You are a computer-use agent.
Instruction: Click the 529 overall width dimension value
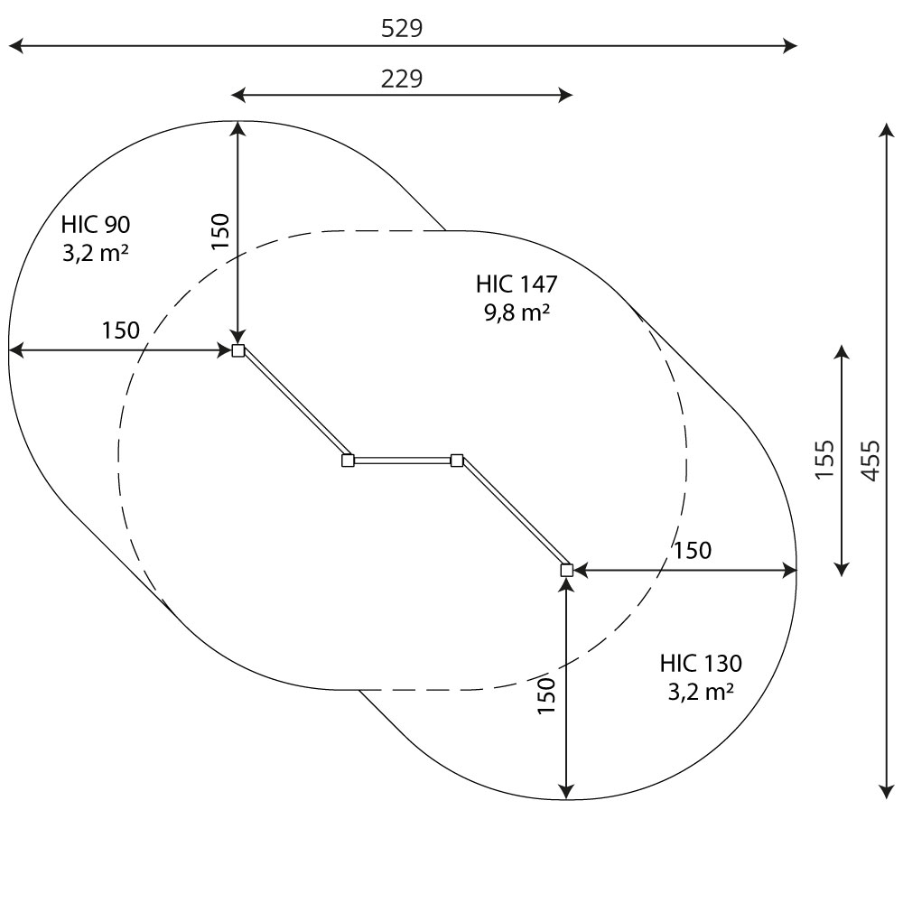(402, 28)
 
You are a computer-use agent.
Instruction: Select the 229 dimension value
(402, 79)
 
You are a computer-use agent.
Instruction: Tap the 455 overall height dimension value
(870, 461)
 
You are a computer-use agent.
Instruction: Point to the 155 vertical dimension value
(824, 459)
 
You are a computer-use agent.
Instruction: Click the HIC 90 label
(96, 224)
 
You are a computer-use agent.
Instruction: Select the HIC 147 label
(517, 284)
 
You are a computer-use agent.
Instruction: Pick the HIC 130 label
(701, 663)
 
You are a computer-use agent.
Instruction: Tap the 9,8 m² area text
(517, 312)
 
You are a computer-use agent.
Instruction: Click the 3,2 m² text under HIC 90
(95, 252)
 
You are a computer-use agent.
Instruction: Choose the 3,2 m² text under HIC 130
(701, 691)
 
